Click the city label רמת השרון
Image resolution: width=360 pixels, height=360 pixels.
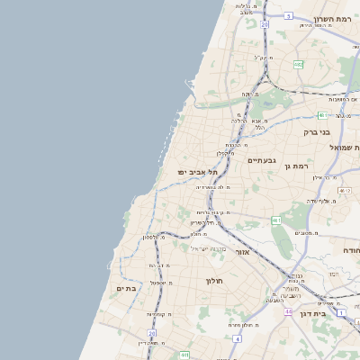(x=337, y=18)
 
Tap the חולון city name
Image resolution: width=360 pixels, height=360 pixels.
(x=213, y=281)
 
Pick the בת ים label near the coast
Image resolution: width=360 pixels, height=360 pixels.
(x=125, y=288)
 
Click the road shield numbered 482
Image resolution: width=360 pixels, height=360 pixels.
(x=299, y=64)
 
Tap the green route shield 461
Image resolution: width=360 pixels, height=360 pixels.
(x=277, y=220)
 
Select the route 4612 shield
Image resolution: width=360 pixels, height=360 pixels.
(x=345, y=191)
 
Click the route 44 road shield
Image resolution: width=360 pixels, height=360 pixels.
(x=289, y=311)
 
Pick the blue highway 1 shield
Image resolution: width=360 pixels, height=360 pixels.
(x=342, y=312)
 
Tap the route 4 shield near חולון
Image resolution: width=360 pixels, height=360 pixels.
(x=237, y=339)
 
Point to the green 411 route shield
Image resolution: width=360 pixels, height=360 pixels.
(x=184, y=355)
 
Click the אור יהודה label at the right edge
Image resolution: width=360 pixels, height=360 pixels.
(x=351, y=250)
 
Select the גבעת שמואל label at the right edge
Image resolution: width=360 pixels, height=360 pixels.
(x=346, y=147)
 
